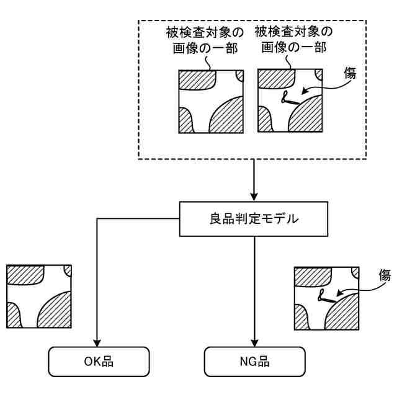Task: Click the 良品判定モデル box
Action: [255, 219]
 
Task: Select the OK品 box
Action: [99, 359]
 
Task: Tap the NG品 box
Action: [255, 359]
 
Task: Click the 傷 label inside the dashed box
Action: [350, 73]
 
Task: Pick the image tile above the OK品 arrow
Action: [38, 297]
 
